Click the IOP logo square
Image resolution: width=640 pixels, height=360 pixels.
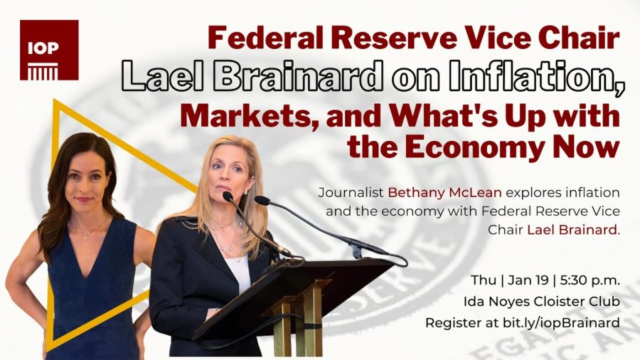(49, 50)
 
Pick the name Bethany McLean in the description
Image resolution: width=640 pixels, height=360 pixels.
(444, 192)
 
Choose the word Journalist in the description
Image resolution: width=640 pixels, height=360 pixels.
(351, 192)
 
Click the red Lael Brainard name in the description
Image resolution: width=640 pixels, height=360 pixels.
(572, 230)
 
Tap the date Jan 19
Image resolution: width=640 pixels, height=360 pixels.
(528, 280)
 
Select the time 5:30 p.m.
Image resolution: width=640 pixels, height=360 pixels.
(590, 281)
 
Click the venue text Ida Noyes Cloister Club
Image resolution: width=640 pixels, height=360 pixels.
(542, 302)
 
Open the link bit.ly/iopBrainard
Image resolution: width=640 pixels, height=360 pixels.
(561, 323)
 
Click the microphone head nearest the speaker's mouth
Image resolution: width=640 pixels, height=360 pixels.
(228, 196)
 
